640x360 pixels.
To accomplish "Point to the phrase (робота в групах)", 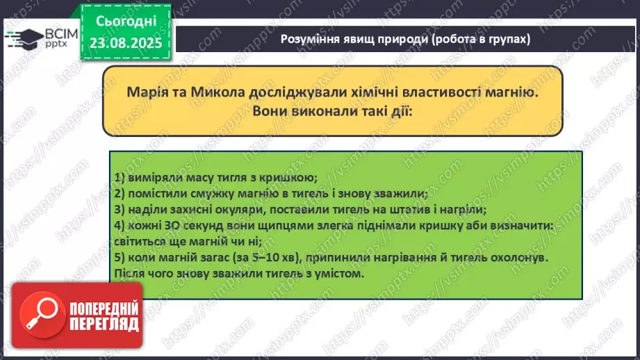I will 480,39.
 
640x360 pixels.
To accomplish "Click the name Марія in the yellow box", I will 147,91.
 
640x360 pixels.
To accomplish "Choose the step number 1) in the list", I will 119,178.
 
